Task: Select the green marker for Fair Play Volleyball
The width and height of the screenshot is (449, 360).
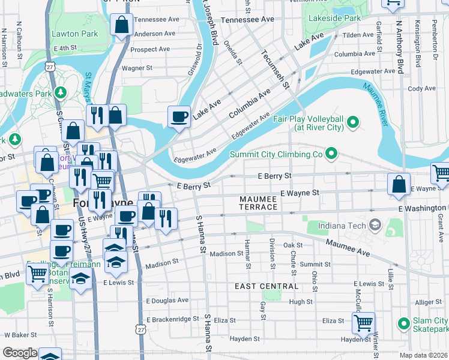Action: tap(353, 123)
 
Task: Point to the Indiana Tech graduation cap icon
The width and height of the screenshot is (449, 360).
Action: tap(375, 225)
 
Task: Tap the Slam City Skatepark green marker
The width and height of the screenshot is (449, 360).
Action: tap(403, 325)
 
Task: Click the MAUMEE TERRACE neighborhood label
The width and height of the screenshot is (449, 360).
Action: tap(259, 202)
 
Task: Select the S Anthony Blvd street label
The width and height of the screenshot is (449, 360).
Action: tap(398, 47)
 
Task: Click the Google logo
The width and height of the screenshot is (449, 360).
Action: tap(20, 353)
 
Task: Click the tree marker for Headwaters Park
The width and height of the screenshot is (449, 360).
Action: tap(60, 92)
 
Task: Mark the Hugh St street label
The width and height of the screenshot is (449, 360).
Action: tap(300, 302)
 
